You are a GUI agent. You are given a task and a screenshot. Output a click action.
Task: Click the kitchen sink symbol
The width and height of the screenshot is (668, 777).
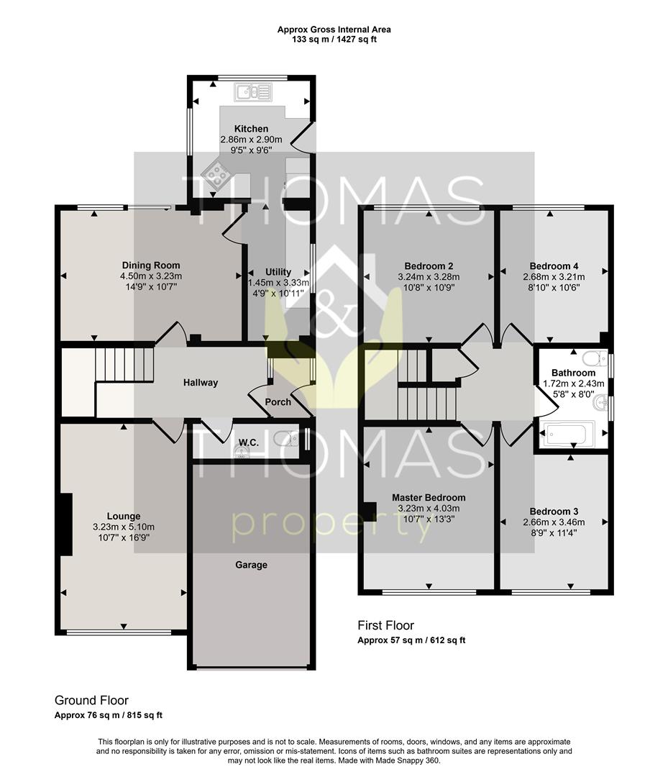(254, 91)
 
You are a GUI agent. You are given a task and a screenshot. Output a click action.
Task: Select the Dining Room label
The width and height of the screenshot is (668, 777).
(151, 265)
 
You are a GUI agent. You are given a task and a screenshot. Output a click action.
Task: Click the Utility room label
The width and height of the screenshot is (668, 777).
(278, 271)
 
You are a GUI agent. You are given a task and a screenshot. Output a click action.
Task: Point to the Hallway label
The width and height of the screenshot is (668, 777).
(201, 383)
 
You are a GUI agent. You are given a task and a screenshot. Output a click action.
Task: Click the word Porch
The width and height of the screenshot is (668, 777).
(278, 402)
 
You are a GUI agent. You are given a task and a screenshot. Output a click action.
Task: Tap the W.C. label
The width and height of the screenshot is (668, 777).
(249, 442)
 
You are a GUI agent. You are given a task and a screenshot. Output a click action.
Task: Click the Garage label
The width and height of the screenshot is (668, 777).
(251, 565)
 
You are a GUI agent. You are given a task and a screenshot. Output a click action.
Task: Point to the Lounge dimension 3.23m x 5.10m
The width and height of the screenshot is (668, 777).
(124, 527)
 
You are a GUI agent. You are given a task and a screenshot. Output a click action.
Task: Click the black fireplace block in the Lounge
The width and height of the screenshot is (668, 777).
(66, 524)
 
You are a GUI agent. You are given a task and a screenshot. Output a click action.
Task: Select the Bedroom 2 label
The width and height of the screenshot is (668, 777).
(429, 266)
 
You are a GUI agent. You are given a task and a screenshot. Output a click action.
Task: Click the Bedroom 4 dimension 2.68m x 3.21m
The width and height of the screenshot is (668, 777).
(554, 277)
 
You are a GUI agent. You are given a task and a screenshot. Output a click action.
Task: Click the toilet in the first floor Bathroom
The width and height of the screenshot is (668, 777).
(595, 358)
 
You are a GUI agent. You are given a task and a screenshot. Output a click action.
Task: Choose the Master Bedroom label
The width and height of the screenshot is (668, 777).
(429, 498)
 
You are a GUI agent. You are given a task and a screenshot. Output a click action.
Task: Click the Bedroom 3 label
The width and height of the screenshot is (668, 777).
(554, 512)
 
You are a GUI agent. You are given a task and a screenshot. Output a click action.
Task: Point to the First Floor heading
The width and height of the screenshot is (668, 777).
(385, 625)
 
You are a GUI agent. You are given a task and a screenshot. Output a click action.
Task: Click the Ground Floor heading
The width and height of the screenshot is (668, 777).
(91, 700)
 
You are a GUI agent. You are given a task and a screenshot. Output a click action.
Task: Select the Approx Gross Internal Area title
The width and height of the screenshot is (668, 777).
(334, 29)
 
